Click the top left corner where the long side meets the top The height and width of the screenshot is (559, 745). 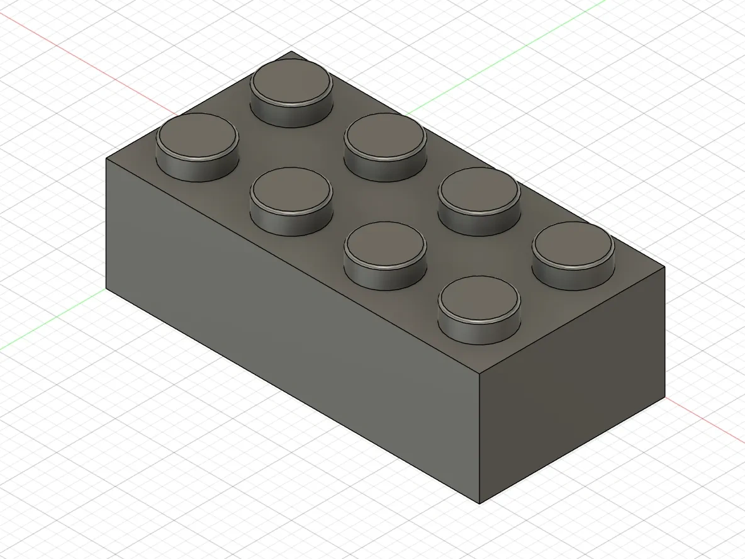[106, 159]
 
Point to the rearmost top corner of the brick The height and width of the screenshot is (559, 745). [291, 52]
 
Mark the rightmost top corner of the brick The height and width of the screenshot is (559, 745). [664, 266]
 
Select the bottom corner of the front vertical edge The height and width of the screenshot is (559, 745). [479, 504]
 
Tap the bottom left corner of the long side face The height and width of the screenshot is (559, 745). [106, 288]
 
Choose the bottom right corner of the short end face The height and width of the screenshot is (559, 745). [664, 397]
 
